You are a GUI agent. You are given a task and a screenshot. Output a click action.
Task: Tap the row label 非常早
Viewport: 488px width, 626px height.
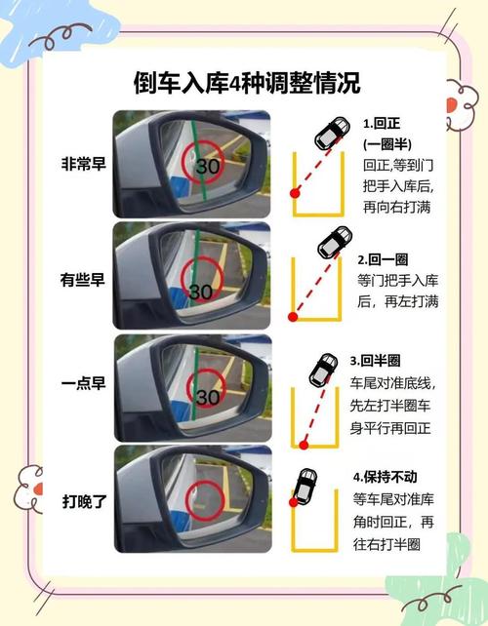click(81, 164)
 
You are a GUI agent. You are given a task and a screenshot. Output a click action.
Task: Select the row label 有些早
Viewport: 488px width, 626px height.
click(81, 281)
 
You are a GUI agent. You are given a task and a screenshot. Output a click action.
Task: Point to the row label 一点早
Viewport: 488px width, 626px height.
click(81, 385)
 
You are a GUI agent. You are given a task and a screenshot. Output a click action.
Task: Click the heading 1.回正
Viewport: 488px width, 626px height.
click(384, 125)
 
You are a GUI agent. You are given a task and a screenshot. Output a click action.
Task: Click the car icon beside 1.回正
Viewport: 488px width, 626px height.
click(330, 135)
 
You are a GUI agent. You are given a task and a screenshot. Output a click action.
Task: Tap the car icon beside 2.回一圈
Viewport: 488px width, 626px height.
click(337, 241)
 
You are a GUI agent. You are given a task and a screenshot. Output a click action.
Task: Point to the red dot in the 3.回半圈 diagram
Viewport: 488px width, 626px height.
click(304, 445)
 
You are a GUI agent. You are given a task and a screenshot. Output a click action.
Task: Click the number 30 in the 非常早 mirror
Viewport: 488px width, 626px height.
click(207, 166)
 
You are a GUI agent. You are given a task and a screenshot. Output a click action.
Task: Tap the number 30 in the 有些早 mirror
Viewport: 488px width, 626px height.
click(202, 291)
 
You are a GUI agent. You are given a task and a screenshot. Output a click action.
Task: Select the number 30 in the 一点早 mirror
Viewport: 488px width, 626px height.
click(207, 396)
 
